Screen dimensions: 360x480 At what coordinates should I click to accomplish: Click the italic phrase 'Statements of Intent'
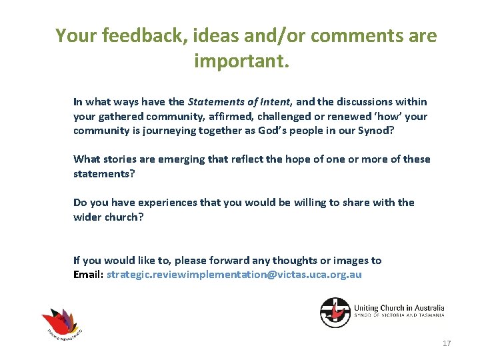click(x=239, y=102)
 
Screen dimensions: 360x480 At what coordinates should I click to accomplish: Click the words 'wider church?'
click(x=108, y=216)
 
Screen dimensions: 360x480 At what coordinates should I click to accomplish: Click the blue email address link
click(x=234, y=275)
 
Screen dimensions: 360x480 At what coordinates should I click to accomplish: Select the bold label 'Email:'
click(x=88, y=275)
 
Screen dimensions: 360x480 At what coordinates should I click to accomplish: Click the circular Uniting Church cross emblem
click(x=335, y=312)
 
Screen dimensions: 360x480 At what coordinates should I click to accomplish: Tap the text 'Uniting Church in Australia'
click(x=399, y=308)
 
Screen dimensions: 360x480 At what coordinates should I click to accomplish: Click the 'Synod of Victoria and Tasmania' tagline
click(x=399, y=316)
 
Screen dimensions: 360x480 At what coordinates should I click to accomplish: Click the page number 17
click(x=446, y=343)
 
